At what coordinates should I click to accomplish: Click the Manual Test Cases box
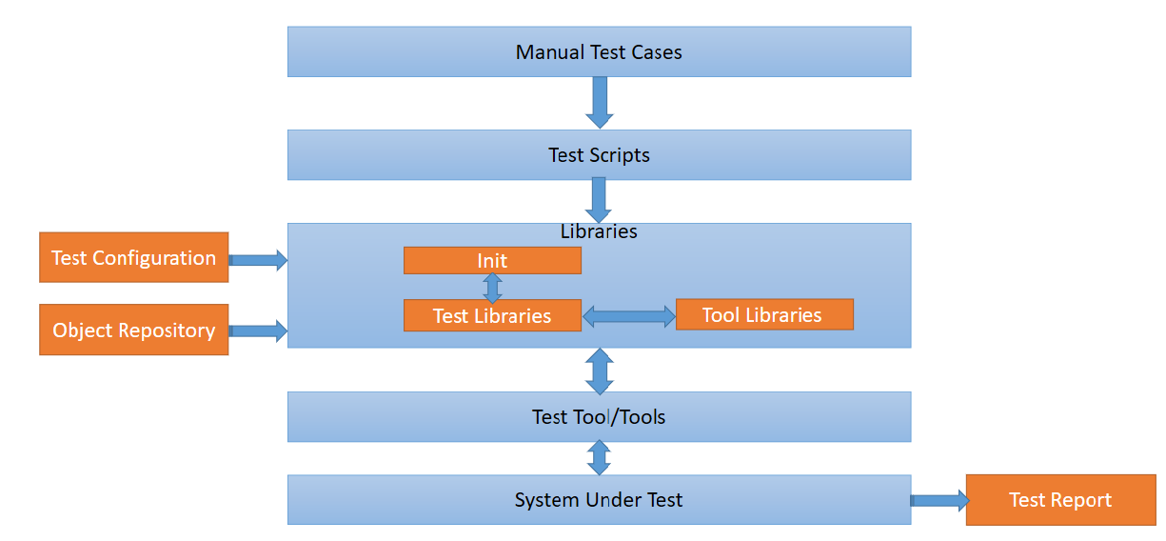[599, 51]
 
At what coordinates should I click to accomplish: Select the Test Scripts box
[599, 154]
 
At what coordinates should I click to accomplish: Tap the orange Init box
[492, 260]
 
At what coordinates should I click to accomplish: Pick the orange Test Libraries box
[492, 315]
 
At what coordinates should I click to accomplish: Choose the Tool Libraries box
[763, 314]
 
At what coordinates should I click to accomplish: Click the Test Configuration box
[133, 257]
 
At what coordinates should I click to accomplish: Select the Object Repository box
[133, 330]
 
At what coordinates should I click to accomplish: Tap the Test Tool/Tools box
[599, 416]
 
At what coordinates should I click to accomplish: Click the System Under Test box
[599, 499]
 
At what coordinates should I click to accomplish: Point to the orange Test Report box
[1060, 499]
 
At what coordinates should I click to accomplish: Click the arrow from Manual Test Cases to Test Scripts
[599, 102]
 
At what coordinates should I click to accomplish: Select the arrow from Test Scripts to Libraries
[599, 200]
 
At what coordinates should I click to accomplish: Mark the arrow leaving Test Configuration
[258, 259]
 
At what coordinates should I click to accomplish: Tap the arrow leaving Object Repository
[258, 331]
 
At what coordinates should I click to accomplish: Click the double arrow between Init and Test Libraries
[492, 287]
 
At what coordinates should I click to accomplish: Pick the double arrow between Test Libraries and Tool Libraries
[628, 316]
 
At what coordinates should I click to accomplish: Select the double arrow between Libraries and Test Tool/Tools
[599, 371]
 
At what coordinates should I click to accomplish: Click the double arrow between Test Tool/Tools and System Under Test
[599, 457]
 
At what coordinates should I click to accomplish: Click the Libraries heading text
[599, 231]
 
